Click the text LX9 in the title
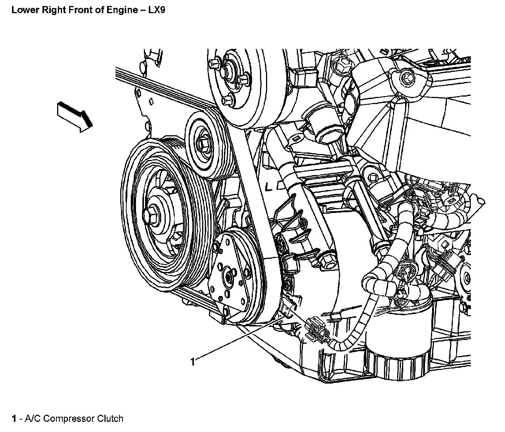157,10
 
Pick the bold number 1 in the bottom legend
14,418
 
